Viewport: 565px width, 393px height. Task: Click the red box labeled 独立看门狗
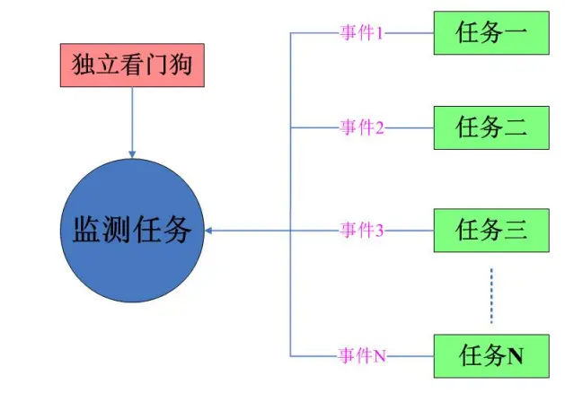click(x=132, y=65)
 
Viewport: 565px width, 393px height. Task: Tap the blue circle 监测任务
click(x=132, y=231)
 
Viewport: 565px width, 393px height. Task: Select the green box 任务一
click(x=490, y=33)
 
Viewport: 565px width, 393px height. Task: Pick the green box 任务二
click(x=490, y=127)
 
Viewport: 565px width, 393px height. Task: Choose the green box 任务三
click(x=490, y=230)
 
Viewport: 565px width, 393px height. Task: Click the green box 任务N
click(x=490, y=356)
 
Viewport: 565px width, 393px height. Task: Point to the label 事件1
click(x=361, y=33)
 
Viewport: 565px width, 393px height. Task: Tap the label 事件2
click(x=361, y=127)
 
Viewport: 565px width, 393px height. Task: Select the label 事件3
click(x=361, y=231)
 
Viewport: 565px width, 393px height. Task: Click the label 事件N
click(x=361, y=356)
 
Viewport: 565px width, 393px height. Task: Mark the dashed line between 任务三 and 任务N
click(x=491, y=294)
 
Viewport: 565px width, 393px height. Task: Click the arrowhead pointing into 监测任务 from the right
click(x=209, y=231)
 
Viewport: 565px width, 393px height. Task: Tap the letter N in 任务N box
click(x=516, y=357)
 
